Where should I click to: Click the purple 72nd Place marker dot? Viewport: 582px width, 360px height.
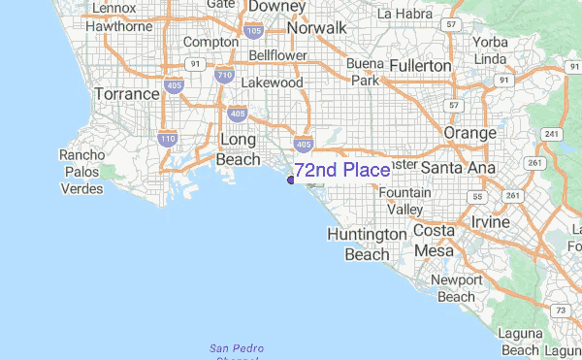(x=291, y=179)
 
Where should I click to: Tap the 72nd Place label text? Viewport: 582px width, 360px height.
(x=342, y=171)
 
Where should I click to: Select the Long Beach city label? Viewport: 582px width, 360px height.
(x=238, y=148)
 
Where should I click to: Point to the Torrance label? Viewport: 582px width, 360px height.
(x=126, y=94)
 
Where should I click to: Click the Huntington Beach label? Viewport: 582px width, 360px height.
(x=367, y=245)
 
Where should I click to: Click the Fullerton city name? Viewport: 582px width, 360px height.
(x=420, y=65)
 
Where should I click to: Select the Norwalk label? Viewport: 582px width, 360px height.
(x=315, y=28)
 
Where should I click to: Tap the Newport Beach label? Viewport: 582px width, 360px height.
(x=455, y=288)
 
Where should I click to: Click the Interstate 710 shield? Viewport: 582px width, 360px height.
(x=225, y=75)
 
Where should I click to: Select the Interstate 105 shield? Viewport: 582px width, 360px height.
(x=255, y=31)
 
